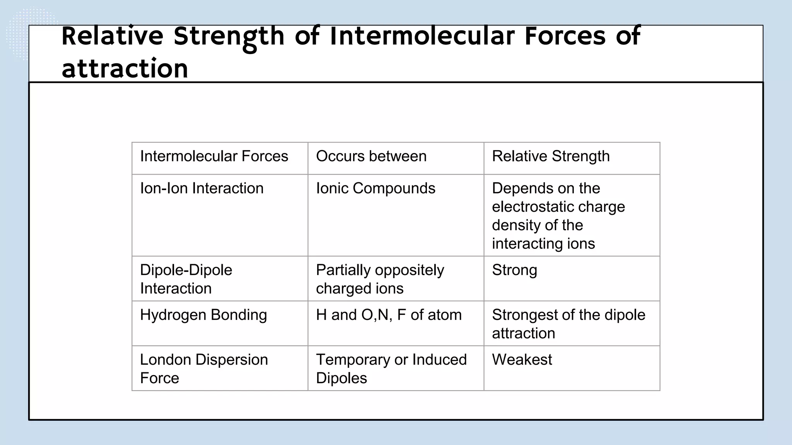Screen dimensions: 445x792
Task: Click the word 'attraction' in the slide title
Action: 125,68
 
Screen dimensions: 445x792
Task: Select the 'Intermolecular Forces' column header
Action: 214,156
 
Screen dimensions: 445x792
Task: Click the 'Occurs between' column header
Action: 371,156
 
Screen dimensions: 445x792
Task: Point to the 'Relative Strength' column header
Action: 551,156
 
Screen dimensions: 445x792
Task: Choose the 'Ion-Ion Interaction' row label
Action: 201,189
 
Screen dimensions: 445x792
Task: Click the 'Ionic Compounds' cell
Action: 376,189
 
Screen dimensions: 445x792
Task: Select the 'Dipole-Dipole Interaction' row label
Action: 186,279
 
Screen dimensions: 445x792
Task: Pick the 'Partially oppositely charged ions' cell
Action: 380,279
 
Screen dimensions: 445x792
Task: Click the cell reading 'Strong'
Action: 514,270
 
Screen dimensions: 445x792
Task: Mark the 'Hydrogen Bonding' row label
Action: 203,315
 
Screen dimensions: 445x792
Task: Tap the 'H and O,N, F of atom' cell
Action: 389,315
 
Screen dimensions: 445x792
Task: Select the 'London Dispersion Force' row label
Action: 204,369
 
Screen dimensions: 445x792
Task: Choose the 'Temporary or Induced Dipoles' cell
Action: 391,369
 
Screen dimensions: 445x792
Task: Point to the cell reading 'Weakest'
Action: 522,360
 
